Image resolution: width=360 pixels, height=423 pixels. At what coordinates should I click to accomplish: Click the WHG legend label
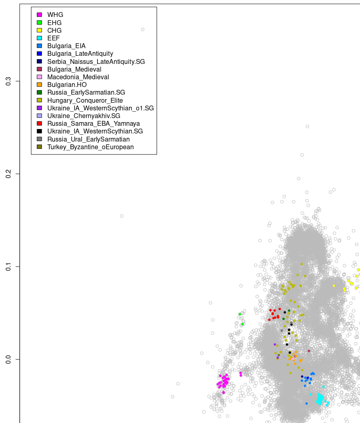pyautogui.click(x=55, y=15)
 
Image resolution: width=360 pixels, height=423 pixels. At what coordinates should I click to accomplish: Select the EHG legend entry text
pyautogui.click(x=55, y=23)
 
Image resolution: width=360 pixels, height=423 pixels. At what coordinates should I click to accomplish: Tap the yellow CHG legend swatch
pyautogui.click(x=39, y=30)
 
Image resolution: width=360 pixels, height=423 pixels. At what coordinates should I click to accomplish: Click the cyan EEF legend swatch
pyautogui.click(x=39, y=38)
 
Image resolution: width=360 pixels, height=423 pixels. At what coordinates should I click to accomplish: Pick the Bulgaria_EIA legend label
pyautogui.click(x=66, y=46)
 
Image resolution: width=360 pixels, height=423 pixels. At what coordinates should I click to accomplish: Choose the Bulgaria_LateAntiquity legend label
pyautogui.click(x=80, y=54)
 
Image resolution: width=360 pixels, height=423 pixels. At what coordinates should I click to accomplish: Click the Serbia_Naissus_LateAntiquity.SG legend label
pyautogui.click(x=96, y=61)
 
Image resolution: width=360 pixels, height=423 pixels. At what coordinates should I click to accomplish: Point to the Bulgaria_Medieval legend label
pyautogui.click(x=74, y=70)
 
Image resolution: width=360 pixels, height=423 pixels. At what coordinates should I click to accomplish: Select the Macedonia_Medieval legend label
pyautogui.click(x=78, y=77)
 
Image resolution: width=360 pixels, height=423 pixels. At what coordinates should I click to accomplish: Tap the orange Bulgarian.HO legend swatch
pyautogui.click(x=39, y=85)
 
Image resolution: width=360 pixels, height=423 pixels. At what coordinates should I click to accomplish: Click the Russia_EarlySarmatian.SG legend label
pyautogui.click(x=86, y=93)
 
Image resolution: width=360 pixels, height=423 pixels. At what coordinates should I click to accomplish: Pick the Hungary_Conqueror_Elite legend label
pyautogui.click(x=85, y=101)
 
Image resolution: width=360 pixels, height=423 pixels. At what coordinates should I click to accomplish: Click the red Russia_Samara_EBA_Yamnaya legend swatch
pyautogui.click(x=39, y=124)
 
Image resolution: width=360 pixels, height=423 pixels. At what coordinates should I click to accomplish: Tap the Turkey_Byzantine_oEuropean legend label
pyautogui.click(x=90, y=147)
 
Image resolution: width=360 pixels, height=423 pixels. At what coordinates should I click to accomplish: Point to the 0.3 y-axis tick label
pyautogui.click(x=8, y=81)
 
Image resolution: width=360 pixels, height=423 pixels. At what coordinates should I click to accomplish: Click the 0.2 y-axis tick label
pyautogui.click(x=8, y=174)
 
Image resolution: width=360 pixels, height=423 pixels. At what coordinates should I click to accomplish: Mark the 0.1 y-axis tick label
pyautogui.click(x=8, y=266)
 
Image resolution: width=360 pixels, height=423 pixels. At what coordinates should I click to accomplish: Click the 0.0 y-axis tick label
pyautogui.click(x=8, y=359)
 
